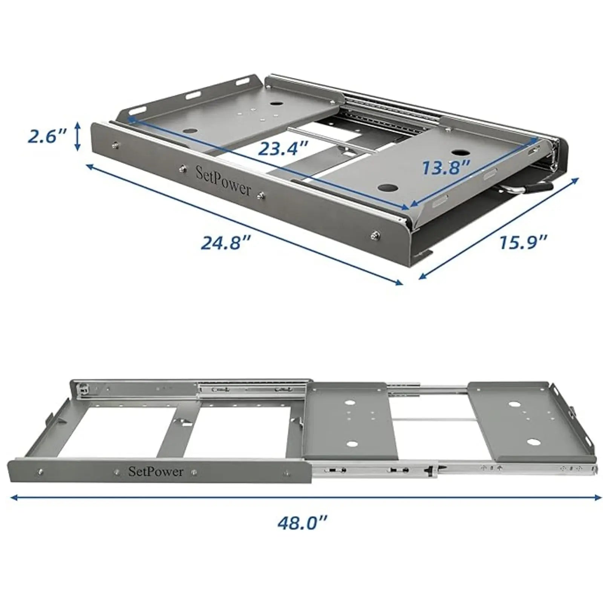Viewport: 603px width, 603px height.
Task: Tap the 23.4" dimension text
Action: pyautogui.click(x=283, y=148)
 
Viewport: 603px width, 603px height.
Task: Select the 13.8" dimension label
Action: pyautogui.click(x=446, y=167)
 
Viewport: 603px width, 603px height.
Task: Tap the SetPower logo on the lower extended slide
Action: pyautogui.click(x=156, y=471)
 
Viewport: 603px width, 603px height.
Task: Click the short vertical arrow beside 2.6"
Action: pyautogui.click(x=78, y=136)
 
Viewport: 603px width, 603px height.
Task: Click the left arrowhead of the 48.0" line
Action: pyautogui.click(x=14, y=497)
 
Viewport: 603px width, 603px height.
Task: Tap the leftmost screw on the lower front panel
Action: pyautogui.click(x=40, y=471)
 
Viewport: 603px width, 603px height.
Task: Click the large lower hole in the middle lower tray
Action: pyautogui.click(x=352, y=444)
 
